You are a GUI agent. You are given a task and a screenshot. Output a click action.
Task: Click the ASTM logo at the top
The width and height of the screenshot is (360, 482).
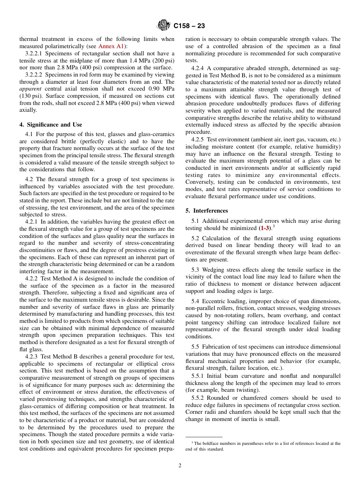(164, 25)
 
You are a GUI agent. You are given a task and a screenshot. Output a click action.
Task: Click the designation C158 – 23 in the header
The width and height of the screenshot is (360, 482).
(189, 26)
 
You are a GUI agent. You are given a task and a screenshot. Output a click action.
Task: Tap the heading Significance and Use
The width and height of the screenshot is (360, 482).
(50, 124)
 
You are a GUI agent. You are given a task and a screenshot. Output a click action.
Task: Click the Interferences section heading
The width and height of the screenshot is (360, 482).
(207, 210)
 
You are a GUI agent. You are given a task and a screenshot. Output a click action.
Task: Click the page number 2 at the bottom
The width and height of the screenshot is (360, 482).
(180, 465)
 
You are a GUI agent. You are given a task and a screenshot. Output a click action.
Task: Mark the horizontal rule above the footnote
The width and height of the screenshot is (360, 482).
(204, 437)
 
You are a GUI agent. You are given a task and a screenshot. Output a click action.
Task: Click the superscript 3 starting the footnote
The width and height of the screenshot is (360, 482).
(192, 442)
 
